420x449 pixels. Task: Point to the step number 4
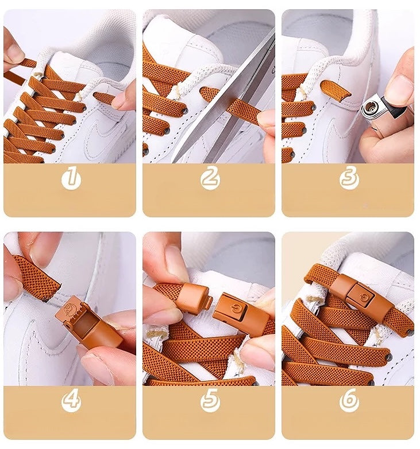point(71,401)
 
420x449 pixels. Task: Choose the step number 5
point(210,401)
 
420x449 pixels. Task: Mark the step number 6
point(349,401)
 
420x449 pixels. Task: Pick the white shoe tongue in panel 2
point(184,46)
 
